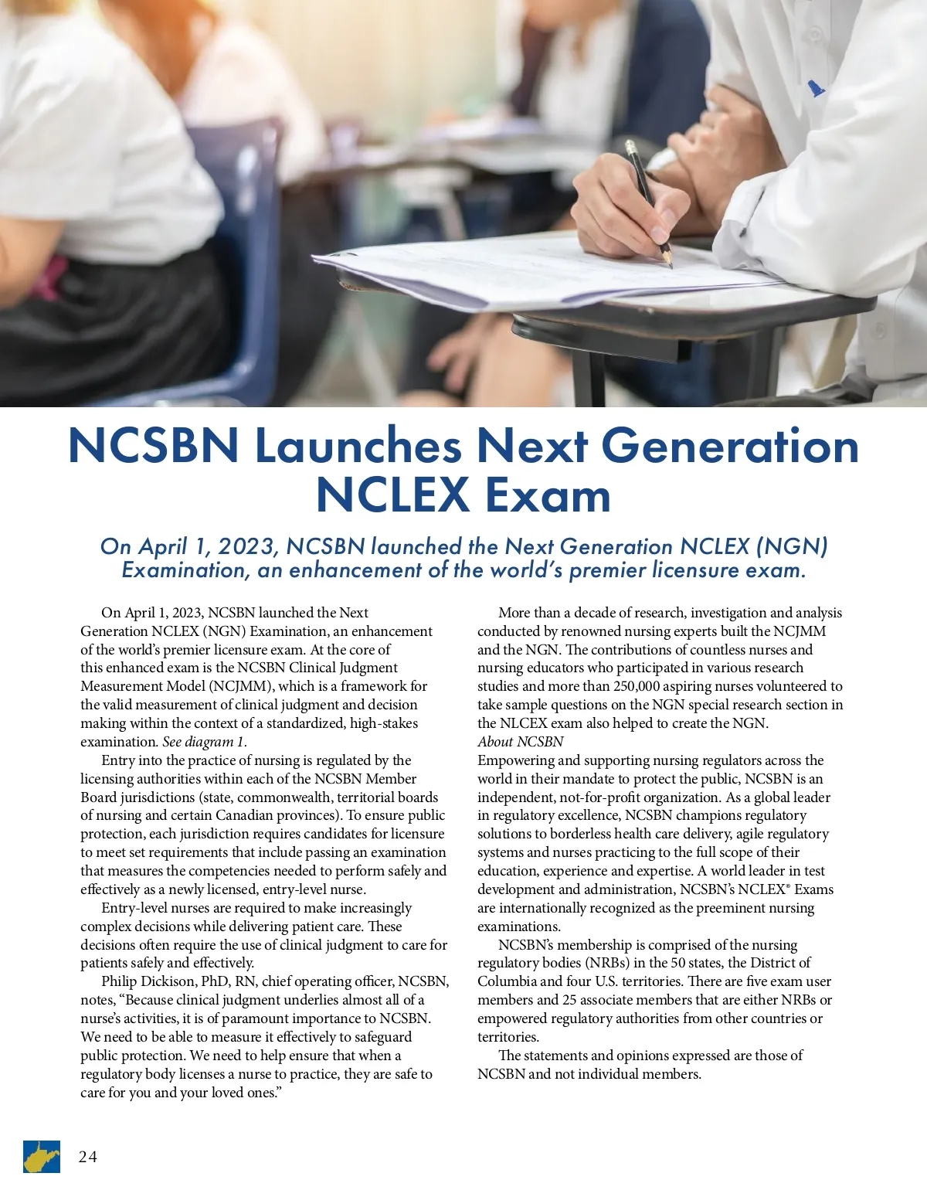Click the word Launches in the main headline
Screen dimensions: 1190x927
(x=358, y=446)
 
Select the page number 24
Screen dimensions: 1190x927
(x=87, y=1157)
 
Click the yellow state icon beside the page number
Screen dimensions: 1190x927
(x=41, y=1157)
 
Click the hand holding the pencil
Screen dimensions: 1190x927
(x=626, y=209)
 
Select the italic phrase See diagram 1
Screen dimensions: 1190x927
(x=205, y=742)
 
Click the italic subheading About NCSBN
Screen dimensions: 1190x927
(x=521, y=742)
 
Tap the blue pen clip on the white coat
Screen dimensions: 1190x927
(x=816, y=88)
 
